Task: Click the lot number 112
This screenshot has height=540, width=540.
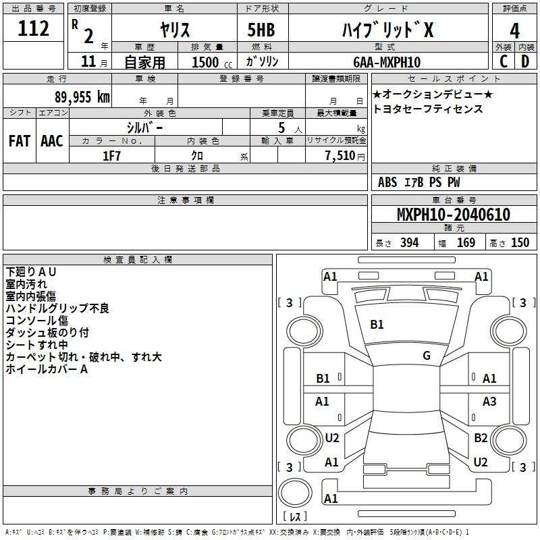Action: coord(35,29)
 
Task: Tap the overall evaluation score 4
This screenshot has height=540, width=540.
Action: coord(515,30)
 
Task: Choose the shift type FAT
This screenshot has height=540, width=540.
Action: coord(20,141)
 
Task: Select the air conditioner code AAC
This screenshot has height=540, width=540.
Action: coord(52,141)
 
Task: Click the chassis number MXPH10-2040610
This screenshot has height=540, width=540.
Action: coord(453,215)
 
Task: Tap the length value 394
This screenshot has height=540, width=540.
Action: coord(409,243)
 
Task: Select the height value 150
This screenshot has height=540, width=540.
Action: coord(520,243)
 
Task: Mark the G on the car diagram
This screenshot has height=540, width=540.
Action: coord(427,356)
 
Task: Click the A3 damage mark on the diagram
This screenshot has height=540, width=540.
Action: coord(489,402)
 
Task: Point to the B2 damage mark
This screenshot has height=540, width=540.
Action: coord(481,438)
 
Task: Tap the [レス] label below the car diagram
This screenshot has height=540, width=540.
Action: coord(295,517)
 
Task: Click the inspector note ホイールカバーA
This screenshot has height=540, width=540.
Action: coord(47,369)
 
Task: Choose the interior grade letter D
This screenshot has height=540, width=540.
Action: coord(525,62)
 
